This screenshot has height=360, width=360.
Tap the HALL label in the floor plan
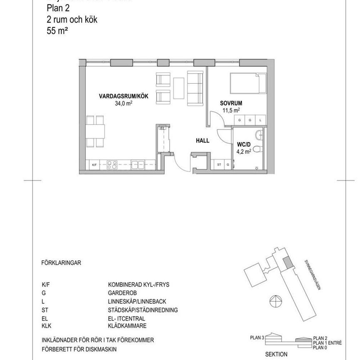(x=202, y=141)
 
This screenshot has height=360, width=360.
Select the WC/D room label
(x=243, y=145)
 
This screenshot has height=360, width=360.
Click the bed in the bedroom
(x=247, y=83)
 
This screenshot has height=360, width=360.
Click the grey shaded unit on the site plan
(x=287, y=264)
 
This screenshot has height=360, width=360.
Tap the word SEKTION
(x=276, y=355)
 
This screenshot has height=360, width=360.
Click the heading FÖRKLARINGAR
(x=61, y=263)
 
